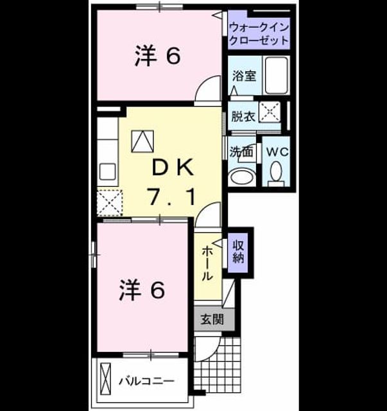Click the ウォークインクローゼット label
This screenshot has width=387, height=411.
point(259,34)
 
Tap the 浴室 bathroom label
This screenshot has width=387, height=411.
point(244,76)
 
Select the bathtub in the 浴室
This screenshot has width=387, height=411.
point(277,76)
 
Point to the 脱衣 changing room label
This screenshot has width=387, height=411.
point(243,116)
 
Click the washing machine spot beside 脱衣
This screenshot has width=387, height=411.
point(270,112)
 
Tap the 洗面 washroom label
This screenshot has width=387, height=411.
point(241,152)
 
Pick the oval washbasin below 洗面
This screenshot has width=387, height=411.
point(243,177)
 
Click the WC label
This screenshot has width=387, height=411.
point(277,152)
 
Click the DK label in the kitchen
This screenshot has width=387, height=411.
point(173,168)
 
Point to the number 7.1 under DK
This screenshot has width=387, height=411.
point(173,197)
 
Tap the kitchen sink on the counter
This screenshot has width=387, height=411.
point(107,171)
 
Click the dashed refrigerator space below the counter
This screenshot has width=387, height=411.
point(110,203)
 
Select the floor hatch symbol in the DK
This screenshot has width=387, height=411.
point(142,141)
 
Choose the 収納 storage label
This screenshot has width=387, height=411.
point(238,252)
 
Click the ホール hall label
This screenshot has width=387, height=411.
point(207,263)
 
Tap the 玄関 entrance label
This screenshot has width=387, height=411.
point(212,320)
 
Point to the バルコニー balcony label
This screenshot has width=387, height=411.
point(147,381)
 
